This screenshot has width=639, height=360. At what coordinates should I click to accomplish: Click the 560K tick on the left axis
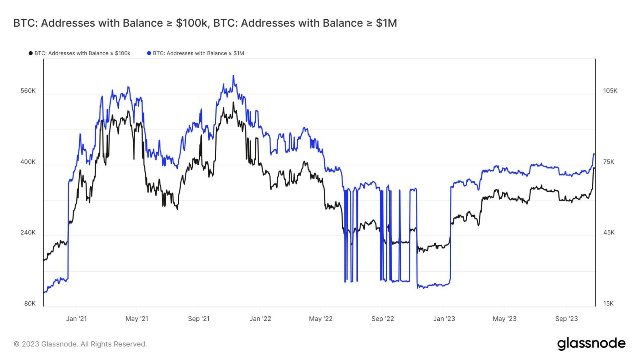point(28,91)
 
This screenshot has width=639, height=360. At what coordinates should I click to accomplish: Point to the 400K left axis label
point(28,162)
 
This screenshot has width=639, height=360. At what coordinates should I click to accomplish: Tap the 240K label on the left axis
point(28,232)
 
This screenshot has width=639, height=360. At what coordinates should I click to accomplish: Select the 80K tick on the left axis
point(30,303)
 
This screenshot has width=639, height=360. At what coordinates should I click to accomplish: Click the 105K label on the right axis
point(610,91)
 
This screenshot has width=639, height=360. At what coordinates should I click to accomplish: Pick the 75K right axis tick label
point(609,162)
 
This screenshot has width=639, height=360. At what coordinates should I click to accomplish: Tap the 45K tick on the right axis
point(609,232)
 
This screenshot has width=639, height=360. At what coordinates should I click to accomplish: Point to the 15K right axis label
point(608,303)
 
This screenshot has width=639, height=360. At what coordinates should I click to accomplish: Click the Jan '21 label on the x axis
point(76,319)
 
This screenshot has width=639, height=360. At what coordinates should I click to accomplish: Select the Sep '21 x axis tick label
point(199,319)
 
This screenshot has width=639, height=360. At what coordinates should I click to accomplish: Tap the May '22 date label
point(320,319)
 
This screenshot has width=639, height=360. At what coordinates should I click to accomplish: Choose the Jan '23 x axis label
point(444,319)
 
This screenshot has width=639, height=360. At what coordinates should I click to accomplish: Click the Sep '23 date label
point(566,319)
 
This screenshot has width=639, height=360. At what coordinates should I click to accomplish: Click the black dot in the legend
point(31,53)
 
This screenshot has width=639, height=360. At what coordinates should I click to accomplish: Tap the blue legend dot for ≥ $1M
point(149,53)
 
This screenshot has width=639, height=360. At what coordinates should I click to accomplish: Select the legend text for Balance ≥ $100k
point(82,53)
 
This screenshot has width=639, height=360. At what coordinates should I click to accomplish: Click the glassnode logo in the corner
point(591,344)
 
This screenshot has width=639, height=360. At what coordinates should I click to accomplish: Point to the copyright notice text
point(80,344)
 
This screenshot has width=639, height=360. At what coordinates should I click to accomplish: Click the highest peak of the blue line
point(233,76)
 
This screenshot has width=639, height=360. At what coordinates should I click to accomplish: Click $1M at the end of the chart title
point(386,23)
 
